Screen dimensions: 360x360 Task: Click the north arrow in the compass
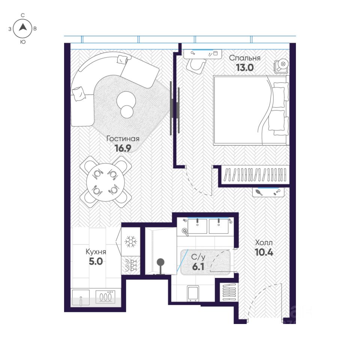pos(23,27)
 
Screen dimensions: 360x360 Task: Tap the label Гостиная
pos(123,139)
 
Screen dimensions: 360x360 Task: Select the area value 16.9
pos(123,148)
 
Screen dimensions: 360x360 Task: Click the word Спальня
pos(245,58)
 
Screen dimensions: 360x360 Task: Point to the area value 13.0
pos(245,67)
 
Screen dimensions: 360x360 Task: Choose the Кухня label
pos(96,252)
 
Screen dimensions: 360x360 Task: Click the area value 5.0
pos(96,261)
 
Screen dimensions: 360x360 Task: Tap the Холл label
pos(264,243)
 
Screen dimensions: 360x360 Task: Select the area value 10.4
pos(264,252)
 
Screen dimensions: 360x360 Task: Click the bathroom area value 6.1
pos(198,267)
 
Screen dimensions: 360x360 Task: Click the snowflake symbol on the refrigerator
pos(130,241)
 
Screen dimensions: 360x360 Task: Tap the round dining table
pos(105,182)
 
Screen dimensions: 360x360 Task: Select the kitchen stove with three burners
pos(105,297)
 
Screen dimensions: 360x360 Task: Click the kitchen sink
pos(81,297)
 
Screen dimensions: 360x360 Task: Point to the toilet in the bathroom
pos(193,293)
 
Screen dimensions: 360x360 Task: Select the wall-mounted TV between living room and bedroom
pos(174,108)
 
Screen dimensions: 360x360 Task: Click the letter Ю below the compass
pos(23,42)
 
